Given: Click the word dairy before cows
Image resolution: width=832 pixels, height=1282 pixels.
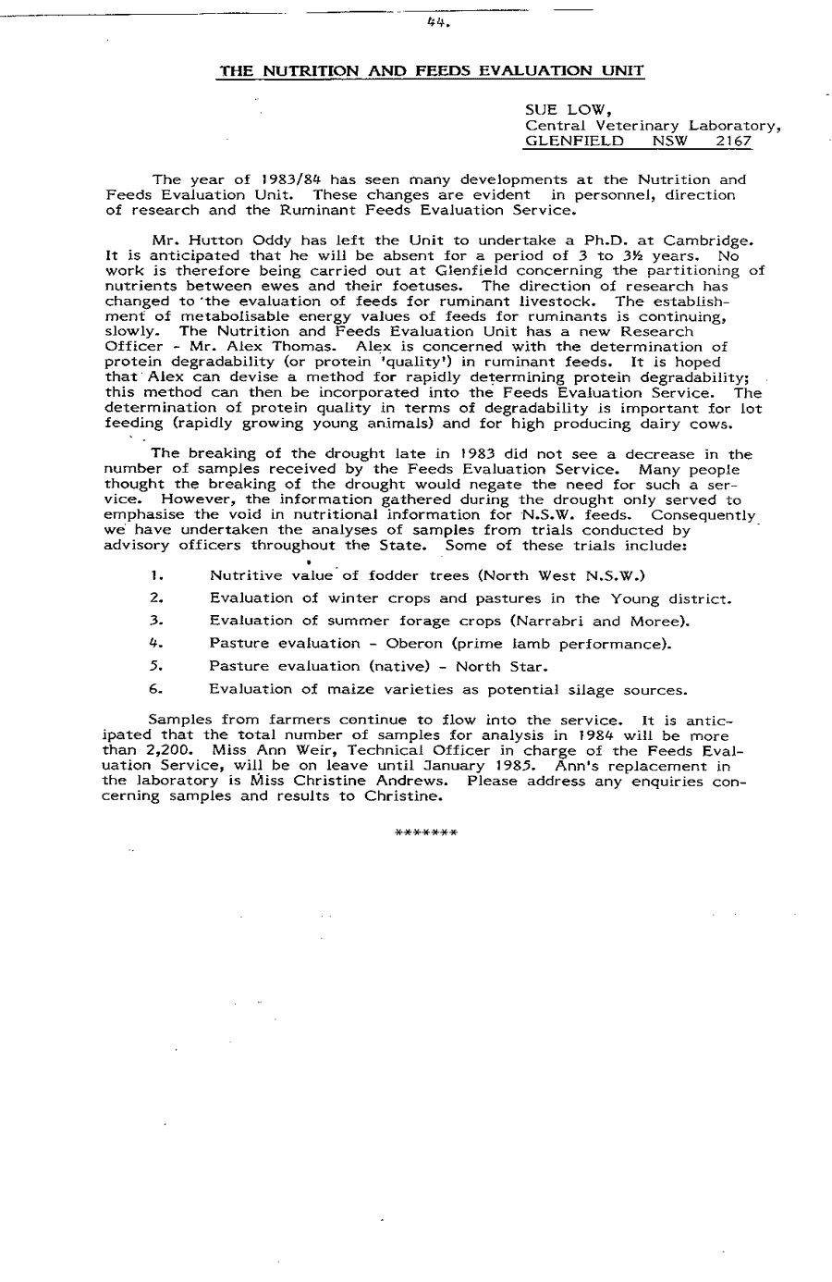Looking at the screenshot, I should coord(664,425).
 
